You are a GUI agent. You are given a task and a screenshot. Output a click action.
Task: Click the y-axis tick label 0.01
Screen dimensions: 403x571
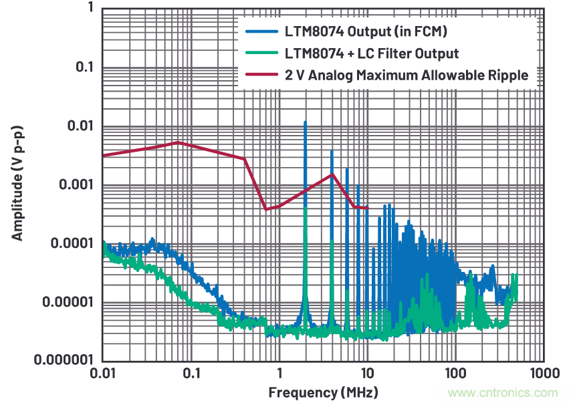(x=79, y=126)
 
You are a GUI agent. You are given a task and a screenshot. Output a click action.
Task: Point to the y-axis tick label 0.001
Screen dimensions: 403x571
(x=75, y=184)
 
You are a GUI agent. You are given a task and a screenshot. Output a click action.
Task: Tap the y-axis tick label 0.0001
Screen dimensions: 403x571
(x=72, y=243)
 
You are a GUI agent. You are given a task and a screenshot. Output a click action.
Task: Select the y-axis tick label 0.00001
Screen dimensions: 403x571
(x=67, y=301)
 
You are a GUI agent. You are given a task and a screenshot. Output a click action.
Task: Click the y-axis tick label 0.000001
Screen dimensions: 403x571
(x=64, y=360)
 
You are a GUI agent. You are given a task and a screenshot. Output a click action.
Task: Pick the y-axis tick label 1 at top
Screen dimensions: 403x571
(x=89, y=9)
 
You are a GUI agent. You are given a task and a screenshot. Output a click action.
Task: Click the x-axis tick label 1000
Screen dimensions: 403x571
(x=543, y=372)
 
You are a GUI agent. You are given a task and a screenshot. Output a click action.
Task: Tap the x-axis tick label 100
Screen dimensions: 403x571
(x=455, y=372)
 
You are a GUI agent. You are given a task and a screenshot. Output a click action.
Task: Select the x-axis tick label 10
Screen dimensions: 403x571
(x=367, y=372)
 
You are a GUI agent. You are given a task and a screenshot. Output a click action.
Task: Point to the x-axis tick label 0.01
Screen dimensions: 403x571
(x=103, y=372)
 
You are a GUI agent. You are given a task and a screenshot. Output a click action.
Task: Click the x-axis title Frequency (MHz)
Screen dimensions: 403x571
(x=323, y=391)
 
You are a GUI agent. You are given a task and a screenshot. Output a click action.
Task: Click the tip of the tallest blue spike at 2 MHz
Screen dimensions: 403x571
(x=305, y=122)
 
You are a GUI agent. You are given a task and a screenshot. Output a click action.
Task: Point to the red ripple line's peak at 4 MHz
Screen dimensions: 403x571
(x=332, y=174)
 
